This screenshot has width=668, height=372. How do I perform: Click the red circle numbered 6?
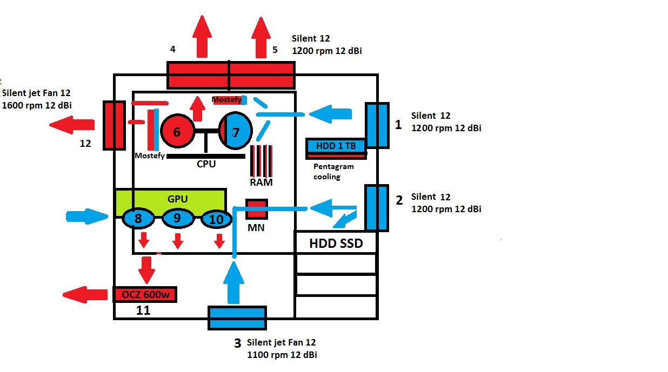point(178,131)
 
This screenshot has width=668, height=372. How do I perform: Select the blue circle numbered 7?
point(236,131)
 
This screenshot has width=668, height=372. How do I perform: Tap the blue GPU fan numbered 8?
point(139,219)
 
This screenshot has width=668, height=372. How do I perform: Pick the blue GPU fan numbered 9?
point(178,219)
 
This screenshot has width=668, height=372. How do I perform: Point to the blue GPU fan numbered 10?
point(216,220)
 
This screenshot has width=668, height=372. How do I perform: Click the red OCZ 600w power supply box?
point(145,295)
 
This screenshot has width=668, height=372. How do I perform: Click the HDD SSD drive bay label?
point(336,244)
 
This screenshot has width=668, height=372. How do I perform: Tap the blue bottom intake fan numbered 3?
point(237,317)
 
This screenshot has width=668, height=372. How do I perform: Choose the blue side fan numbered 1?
point(377,125)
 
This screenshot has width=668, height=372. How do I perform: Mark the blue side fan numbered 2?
point(377,208)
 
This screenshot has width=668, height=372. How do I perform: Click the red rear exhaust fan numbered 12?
point(115,125)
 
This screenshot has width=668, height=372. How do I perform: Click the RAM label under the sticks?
point(261,182)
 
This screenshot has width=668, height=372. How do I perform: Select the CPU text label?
point(206,164)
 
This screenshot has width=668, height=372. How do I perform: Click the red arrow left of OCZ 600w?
point(85,295)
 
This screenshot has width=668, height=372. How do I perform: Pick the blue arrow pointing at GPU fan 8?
point(86,217)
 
